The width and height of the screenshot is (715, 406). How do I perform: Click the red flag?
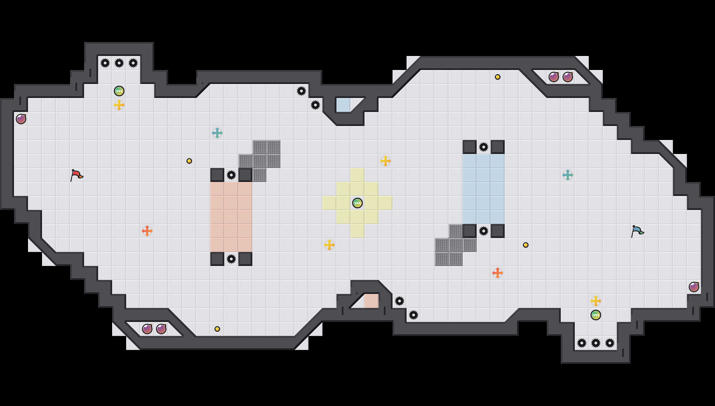point(76,175)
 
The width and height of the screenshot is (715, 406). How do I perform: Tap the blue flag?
point(637,231)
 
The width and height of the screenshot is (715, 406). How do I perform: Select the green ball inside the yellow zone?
point(357,203)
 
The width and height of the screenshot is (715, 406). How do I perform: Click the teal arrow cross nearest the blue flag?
point(568,175)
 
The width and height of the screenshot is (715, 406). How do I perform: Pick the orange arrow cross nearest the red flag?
point(147,231)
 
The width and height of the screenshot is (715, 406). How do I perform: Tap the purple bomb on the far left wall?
point(21,119)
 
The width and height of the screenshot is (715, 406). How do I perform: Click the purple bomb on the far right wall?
point(694,287)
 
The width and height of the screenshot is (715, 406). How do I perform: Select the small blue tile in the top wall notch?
point(343,105)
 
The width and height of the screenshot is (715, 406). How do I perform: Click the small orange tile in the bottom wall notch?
point(372,301)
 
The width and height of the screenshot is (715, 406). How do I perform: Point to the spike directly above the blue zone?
point(484,147)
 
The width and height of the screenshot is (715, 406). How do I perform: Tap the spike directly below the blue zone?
point(484,231)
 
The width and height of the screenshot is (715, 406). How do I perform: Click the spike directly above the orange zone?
point(231,175)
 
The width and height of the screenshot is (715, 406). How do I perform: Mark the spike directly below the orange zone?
point(231,259)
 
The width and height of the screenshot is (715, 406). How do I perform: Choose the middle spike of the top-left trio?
point(119,63)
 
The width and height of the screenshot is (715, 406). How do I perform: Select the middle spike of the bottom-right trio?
point(596,343)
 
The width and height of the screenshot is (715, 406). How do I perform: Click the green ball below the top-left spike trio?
point(119,91)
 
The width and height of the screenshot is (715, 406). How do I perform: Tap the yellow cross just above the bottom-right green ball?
point(596,301)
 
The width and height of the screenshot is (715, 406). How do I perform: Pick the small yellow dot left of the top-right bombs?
point(498,77)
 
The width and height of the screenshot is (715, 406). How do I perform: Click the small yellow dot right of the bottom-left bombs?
point(217,329)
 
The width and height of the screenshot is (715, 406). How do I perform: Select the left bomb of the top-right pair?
point(554,77)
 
